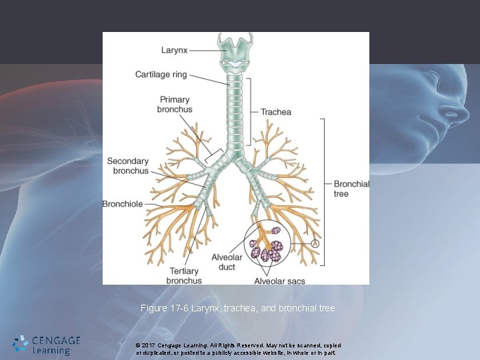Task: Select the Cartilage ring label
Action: pos(161,75)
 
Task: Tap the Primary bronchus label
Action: pos(175,105)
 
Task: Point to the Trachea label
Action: pos(276,112)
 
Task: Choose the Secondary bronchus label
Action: pos(128,166)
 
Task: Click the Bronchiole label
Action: pos(123,204)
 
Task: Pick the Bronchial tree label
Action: pos(351,189)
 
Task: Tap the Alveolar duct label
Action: pos(227,263)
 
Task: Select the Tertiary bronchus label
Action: pos(184,276)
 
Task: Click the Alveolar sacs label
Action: pos(280,281)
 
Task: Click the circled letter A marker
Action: pos(316,244)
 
